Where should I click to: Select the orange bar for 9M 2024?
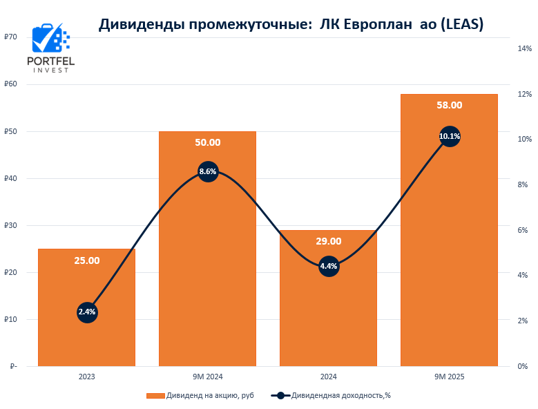click(x=207, y=276)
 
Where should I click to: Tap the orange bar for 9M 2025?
click(x=449, y=263)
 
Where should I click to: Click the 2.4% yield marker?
click(x=87, y=312)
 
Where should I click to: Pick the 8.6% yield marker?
click(x=208, y=171)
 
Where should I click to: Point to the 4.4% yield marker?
click(x=329, y=267)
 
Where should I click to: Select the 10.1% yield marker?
click(x=450, y=136)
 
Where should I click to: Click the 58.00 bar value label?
click(x=450, y=105)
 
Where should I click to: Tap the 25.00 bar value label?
click(x=87, y=260)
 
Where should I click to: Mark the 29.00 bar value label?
click(x=329, y=241)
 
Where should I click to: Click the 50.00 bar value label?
click(x=208, y=142)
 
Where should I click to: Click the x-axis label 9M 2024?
click(x=208, y=377)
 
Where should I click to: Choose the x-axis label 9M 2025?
click(x=450, y=377)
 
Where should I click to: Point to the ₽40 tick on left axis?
click(x=10, y=178)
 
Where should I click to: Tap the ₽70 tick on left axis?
click(x=10, y=37)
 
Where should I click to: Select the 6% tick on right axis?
click(x=523, y=230)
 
